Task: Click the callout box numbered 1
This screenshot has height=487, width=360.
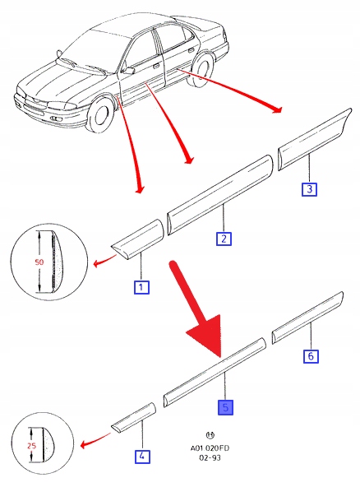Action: pyautogui.click(x=141, y=287)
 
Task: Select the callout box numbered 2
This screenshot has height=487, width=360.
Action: pyautogui.click(x=224, y=239)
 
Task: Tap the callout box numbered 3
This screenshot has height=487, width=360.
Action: pyautogui.click(x=309, y=189)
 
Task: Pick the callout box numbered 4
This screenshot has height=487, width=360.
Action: pyautogui.click(x=142, y=457)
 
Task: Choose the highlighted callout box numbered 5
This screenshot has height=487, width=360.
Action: pyautogui.click(x=226, y=407)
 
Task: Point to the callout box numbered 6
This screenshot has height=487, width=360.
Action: pyautogui.click(x=311, y=355)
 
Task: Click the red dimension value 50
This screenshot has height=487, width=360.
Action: pyautogui.click(x=39, y=262)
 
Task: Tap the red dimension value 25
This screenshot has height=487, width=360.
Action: pyautogui.click(x=32, y=446)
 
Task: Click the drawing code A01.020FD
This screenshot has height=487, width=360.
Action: pyautogui.click(x=210, y=448)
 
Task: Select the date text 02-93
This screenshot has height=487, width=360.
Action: pyautogui.click(x=210, y=458)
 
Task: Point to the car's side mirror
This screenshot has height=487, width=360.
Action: pyautogui.click(x=128, y=71)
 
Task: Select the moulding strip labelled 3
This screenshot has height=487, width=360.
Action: pyautogui.click(x=314, y=139)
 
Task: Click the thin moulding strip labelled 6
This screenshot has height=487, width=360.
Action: pyautogui.click(x=307, y=318)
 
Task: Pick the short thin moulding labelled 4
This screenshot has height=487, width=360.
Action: pyautogui.click(x=133, y=418)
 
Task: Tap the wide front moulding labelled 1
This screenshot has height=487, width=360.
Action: pyautogui.click(x=137, y=239)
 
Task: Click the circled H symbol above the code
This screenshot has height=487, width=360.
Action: pyautogui.click(x=210, y=435)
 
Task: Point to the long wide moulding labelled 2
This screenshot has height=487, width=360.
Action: pyautogui.click(x=219, y=195)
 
